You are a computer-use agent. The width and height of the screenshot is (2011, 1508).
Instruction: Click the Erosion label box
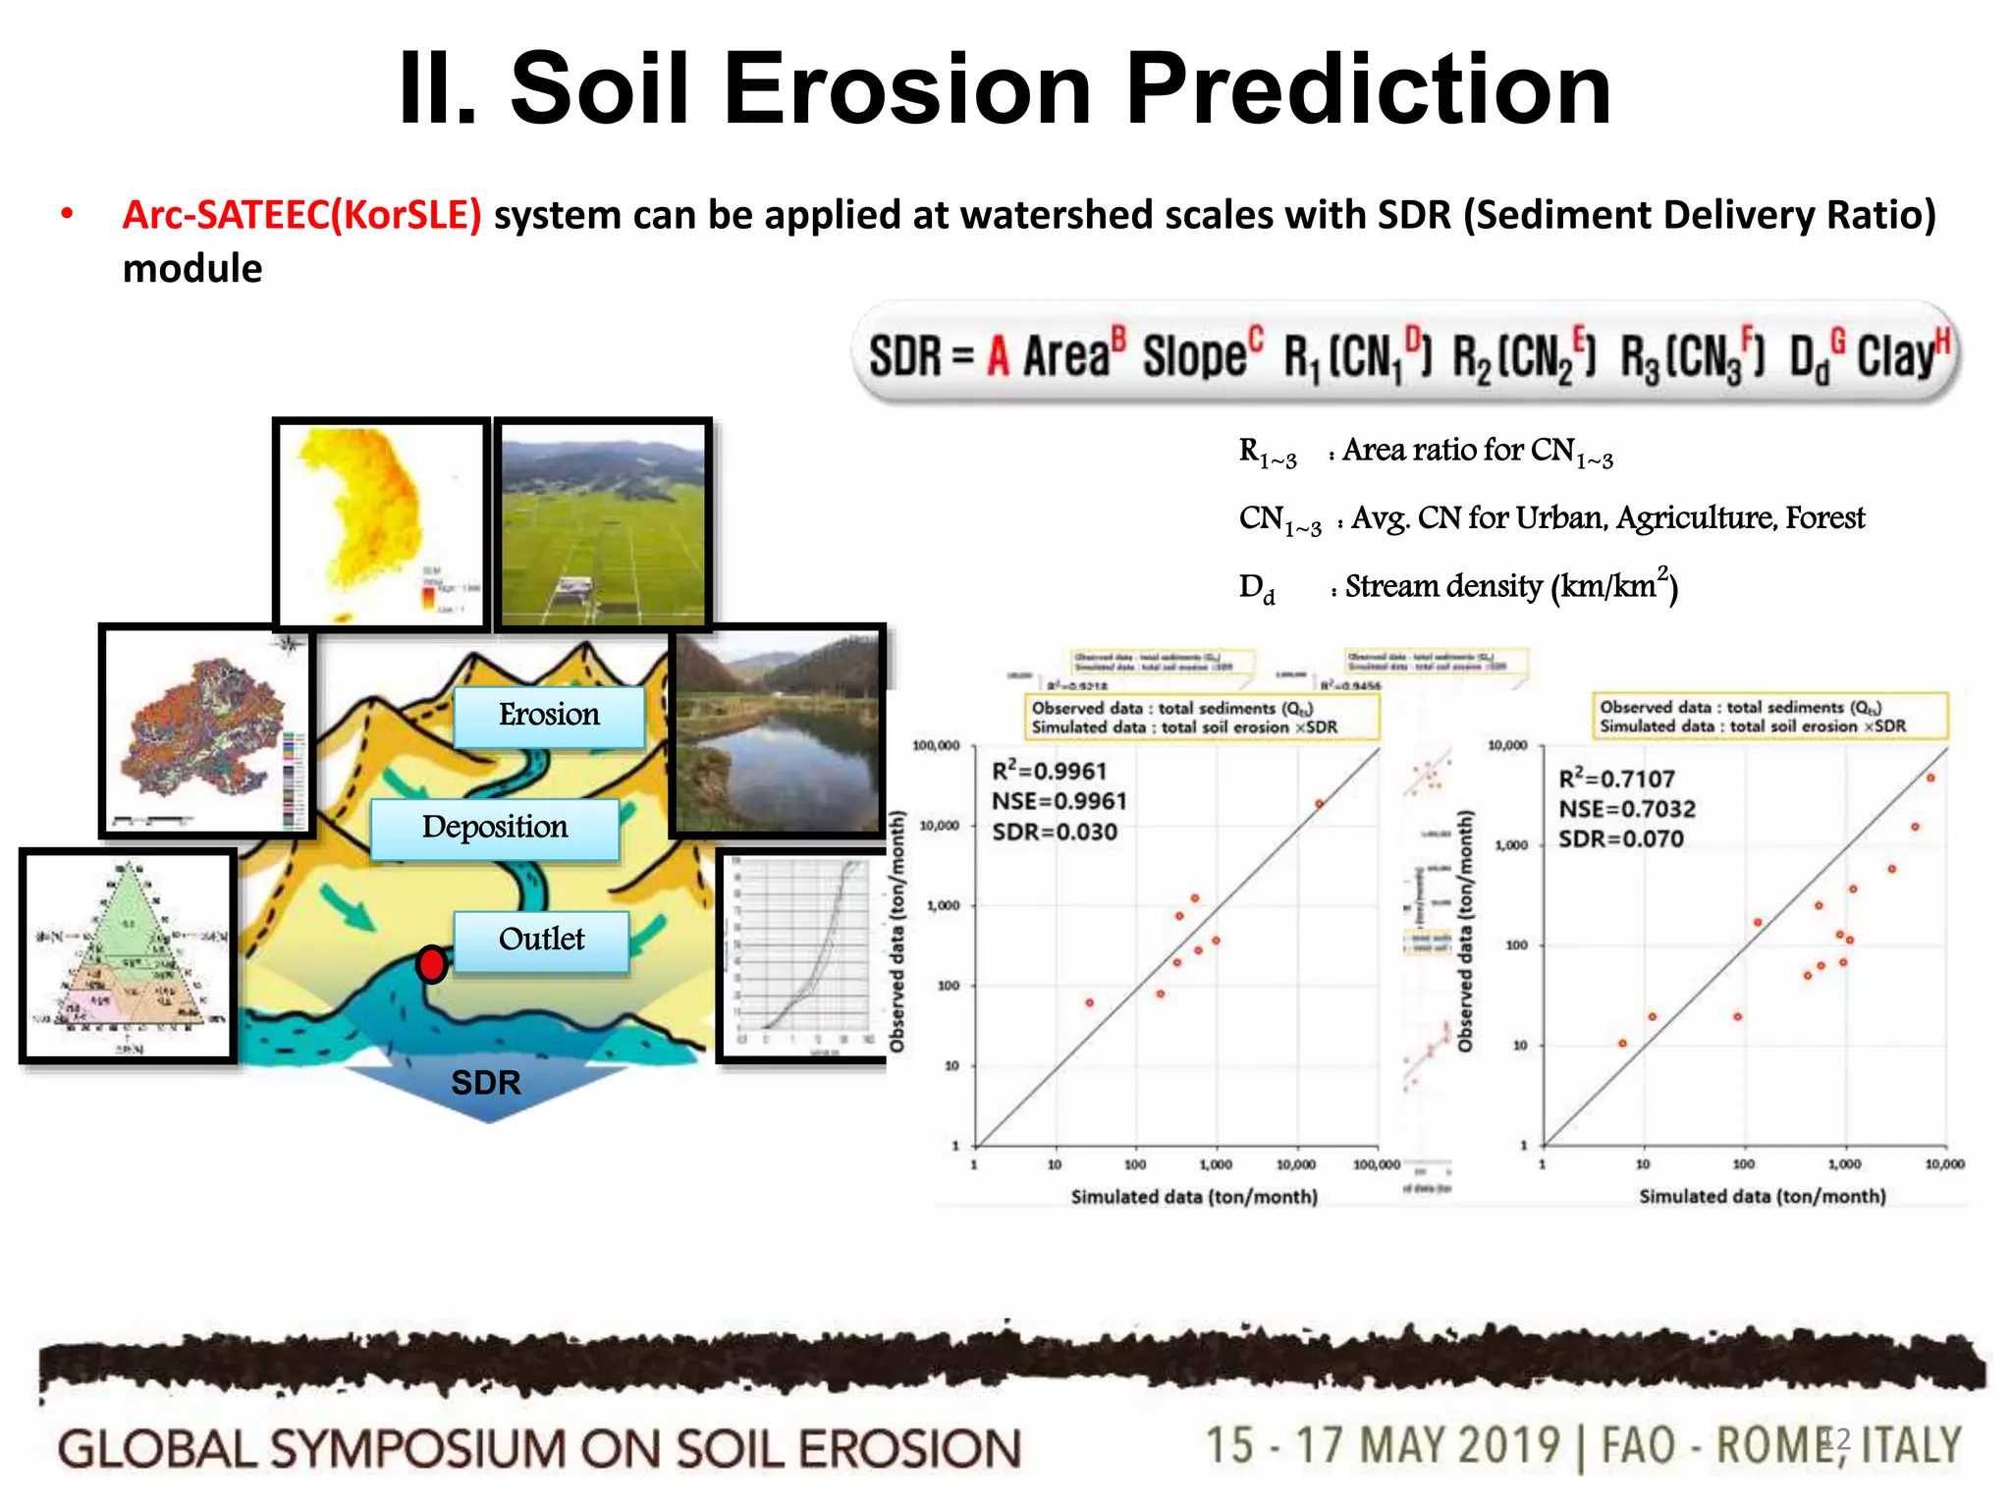point(549,716)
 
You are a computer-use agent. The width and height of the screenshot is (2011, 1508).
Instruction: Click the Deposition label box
point(495,828)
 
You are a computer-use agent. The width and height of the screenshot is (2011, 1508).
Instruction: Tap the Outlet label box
point(541,941)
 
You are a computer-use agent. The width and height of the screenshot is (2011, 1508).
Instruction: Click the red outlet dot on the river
point(431,964)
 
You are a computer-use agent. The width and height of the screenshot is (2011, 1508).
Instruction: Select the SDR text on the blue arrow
point(485,1083)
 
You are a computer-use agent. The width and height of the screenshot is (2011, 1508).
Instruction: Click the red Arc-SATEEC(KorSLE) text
point(301,215)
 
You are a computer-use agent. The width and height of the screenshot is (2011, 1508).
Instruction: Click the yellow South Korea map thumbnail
point(381,523)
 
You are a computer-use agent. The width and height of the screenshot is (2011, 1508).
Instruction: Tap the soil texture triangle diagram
point(128,955)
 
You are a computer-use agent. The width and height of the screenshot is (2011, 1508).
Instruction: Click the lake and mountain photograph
point(778,731)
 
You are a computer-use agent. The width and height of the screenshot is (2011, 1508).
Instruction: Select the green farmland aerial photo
point(603,522)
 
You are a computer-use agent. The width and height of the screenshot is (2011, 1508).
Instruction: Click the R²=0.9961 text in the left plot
point(1049,772)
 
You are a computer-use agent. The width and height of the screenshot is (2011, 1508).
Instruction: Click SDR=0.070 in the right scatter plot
point(1620,839)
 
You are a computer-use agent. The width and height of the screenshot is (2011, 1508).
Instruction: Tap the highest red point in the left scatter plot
point(1320,804)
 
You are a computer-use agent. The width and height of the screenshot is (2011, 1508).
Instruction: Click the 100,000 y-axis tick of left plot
point(936,746)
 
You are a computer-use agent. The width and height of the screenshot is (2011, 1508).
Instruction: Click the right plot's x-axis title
point(1762,1196)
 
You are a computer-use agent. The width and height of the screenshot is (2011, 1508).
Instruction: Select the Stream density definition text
point(1510,587)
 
